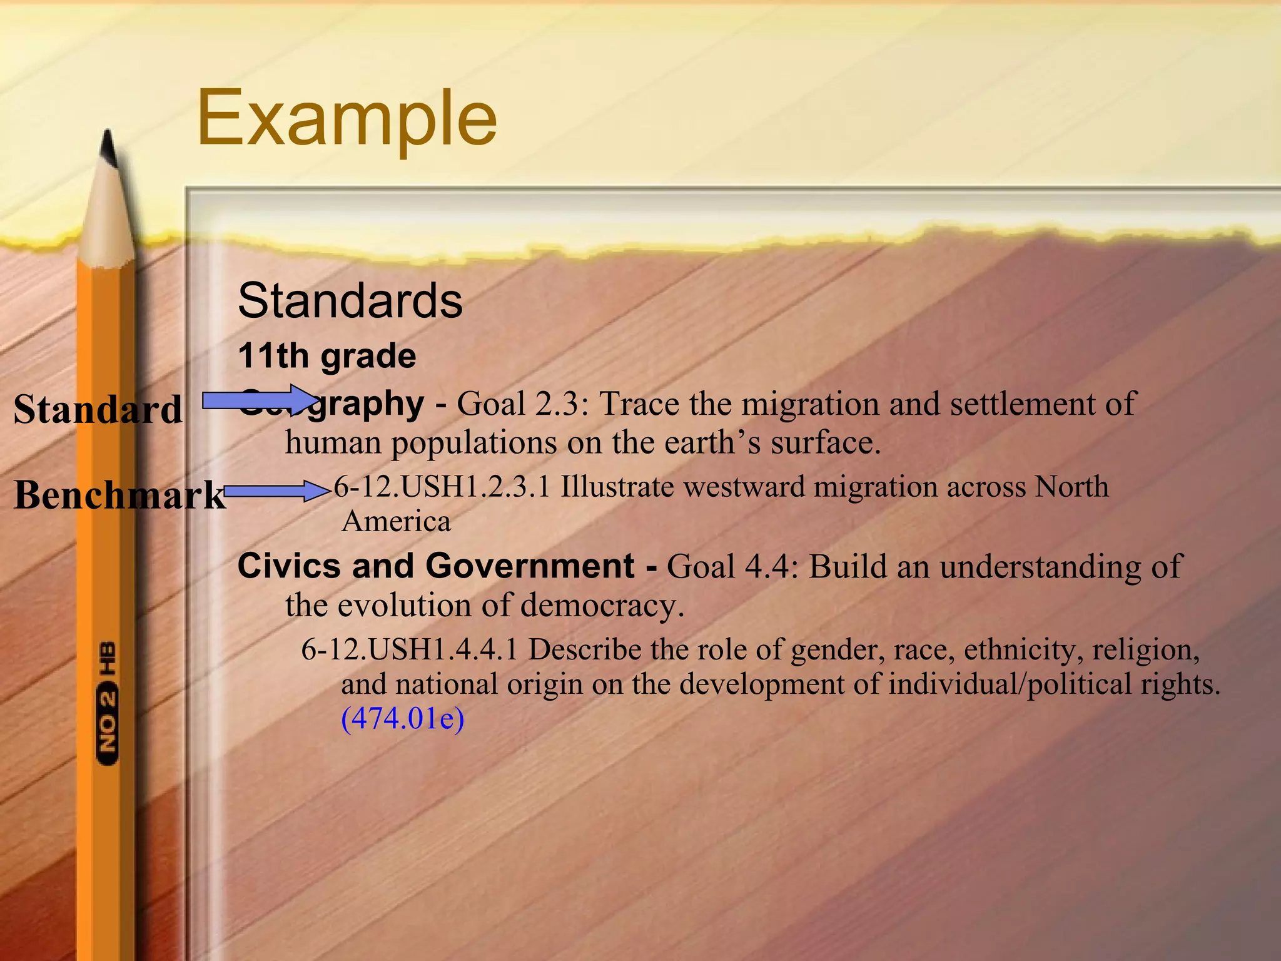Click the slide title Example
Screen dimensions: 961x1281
pyautogui.click(x=347, y=118)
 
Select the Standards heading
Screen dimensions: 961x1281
pyautogui.click(x=350, y=300)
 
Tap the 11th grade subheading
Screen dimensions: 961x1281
pyautogui.click(x=327, y=356)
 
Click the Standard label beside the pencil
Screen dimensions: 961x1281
pyautogui.click(x=98, y=410)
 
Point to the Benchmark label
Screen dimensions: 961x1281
pyautogui.click(x=119, y=495)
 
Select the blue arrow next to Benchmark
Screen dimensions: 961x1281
pyautogui.click(x=276, y=491)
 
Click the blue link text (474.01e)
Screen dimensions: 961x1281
pyautogui.click(x=402, y=718)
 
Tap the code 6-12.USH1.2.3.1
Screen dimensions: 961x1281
pyautogui.click(x=442, y=487)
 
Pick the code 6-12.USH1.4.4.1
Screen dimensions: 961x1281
pyautogui.click(x=410, y=649)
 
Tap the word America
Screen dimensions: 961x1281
pyautogui.click(x=396, y=521)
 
